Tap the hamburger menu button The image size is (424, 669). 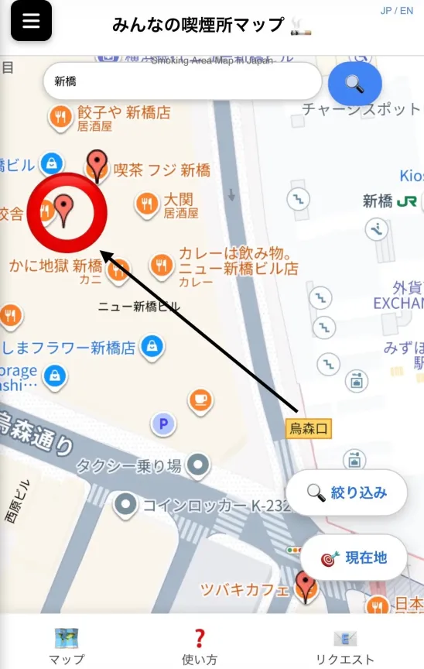click(x=31, y=21)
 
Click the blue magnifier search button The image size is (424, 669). click(x=354, y=84)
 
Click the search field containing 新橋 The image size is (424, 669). click(x=183, y=81)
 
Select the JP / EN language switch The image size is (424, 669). click(x=397, y=11)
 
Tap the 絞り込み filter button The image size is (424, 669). click(x=347, y=492)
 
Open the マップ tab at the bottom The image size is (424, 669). click(x=67, y=647)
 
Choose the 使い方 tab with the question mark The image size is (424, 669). click(x=199, y=647)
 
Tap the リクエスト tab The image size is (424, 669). click(x=344, y=647)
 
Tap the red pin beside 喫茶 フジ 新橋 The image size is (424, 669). click(x=97, y=164)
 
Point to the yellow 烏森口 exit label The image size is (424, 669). click(x=309, y=428)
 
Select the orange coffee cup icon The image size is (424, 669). click(x=200, y=400)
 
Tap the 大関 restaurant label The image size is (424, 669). click(x=178, y=201)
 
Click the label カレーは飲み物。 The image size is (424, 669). click(x=234, y=254)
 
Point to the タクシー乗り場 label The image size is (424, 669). click(x=128, y=465)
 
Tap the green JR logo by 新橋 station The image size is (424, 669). click(x=407, y=201)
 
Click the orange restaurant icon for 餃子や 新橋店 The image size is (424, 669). click(x=60, y=117)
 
